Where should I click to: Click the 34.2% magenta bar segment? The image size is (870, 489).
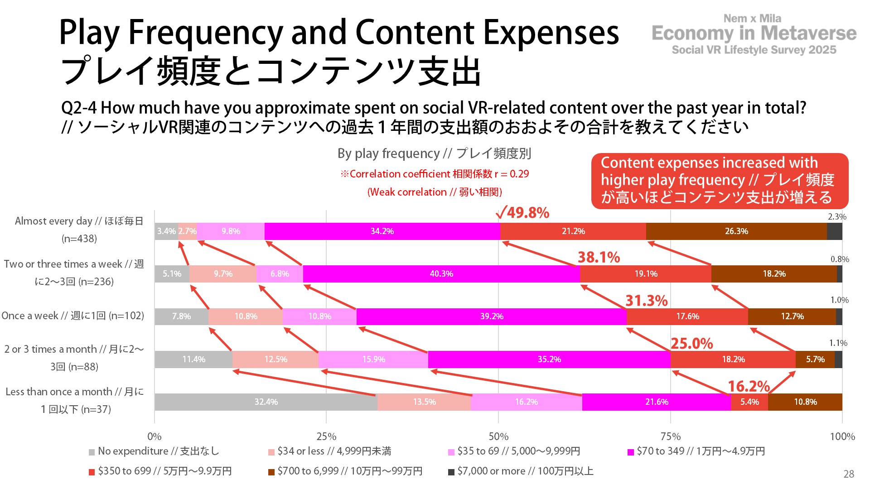coord(382,231)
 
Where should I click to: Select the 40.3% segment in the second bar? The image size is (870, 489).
coord(441,274)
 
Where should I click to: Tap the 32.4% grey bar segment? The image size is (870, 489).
coord(266,402)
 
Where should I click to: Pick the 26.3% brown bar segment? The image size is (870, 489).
coord(736,231)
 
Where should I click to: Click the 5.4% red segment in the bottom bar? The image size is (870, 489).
coord(749,402)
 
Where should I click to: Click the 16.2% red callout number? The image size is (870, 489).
coord(749,386)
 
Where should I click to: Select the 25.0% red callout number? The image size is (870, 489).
coord(691,344)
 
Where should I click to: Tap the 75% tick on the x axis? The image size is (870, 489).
coord(670,436)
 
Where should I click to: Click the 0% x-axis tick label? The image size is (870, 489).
coord(155,436)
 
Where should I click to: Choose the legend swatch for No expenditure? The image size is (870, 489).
coord(92,452)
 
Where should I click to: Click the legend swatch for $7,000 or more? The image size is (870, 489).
coord(451,472)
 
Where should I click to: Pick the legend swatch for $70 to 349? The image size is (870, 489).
coord(631,452)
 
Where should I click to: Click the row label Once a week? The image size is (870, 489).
coord(72,316)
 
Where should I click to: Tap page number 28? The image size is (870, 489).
coord(849,474)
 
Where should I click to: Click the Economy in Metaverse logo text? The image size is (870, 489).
coord(754,34)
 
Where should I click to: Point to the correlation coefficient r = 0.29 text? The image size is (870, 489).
coord(435,174)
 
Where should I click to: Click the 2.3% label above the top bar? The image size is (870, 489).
coord(837,217)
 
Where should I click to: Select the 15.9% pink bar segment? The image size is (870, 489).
coord(373,360)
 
